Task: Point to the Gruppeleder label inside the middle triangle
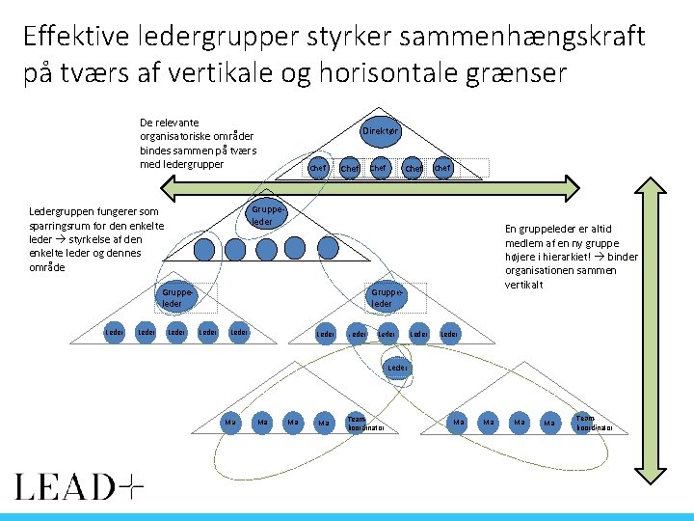[x=262, y=216]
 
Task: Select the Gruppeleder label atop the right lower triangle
[x=382, y=297]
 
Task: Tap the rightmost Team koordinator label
[x=586, y=422]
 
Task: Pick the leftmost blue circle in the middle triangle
[x=203, y=249]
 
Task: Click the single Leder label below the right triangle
[x=396, y=368]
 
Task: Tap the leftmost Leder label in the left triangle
[x=114, y=333]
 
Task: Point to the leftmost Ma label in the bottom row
[x=230, y=422]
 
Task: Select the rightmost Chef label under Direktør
[x=442, y=169]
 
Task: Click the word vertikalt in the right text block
[x=524, y=285]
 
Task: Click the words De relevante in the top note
[x=170, y=123]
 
